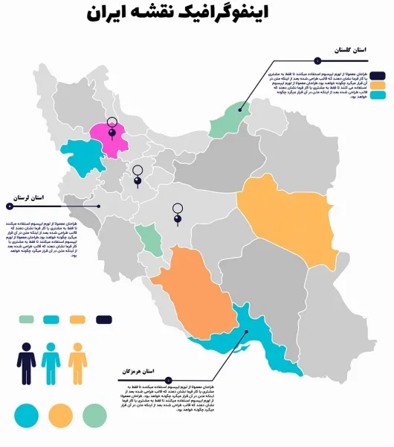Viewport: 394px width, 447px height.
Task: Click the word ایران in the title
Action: coord(108,14)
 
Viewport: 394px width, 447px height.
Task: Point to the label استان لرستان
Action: coord(28,198)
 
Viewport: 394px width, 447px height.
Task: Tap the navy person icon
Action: coord(27,363)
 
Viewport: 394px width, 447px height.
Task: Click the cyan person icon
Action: coord(51,363)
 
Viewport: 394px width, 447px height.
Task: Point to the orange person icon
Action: coord(77,363)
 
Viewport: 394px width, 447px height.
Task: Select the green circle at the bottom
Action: coord(94,413)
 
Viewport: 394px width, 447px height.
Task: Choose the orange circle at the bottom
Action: coord(61,414)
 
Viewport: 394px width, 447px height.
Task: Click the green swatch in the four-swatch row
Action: coord(27,320)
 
